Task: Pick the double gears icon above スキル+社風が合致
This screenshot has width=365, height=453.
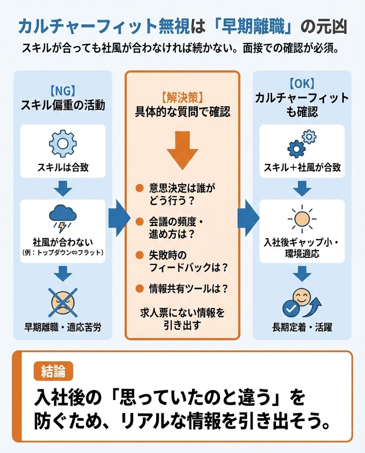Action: pyautogui.click(x=302, y=143)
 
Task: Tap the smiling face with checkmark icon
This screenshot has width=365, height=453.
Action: pyautogui.click(x=301, y=304)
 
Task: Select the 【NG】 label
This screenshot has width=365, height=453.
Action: pyautogui.click(x=62, y=91)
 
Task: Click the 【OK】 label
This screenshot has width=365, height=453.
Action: pyautogui.click(x=302, y=83)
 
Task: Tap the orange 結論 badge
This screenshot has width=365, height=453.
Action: pyautogui.click(x=53, y=372)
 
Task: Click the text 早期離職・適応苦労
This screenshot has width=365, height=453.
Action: pyautogui.click(x=62, y=328)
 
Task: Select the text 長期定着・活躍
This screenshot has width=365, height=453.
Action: pyautogui.click(x=302, y=328)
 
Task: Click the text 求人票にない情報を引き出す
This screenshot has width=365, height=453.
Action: pyautogui.click(x=182, y=319)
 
